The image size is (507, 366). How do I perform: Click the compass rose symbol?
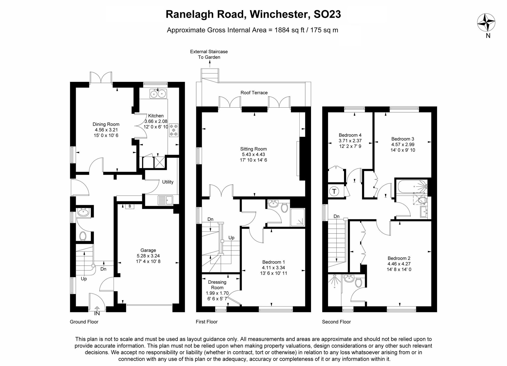(486, 23)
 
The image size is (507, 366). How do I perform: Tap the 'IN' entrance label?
(97, 314)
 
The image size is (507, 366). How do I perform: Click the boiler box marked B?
(130, 206)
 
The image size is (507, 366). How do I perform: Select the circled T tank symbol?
(334, 191)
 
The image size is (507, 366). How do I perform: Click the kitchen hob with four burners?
(174, 130)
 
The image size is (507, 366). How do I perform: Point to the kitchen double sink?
(158, 94)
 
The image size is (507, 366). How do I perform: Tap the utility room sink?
(165, 200)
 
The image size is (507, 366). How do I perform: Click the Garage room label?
(148, 250)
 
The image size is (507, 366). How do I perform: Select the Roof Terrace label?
(254, 93)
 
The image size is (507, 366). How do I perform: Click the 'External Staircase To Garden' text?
(209, 54)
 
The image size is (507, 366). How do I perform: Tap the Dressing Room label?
(217, 285)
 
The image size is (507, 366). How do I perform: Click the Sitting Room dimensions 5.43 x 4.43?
(253, 155)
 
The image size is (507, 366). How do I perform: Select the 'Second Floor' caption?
(336, 322)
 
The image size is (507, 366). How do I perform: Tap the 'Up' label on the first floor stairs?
(231, 238)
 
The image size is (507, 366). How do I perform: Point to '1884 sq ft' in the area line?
(289, 30)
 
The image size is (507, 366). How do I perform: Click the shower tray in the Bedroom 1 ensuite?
(298, 217)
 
